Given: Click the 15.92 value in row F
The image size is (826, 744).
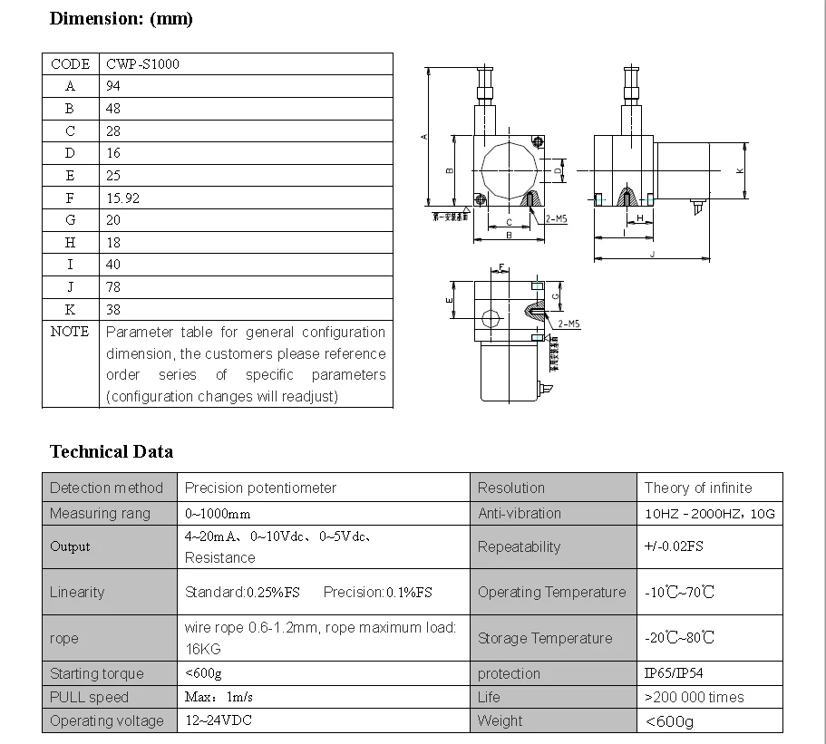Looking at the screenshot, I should (x=122, y=198).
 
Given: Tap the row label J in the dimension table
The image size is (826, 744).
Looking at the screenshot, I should (x=70, y=287).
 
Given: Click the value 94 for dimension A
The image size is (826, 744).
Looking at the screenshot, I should (x=113, y=86).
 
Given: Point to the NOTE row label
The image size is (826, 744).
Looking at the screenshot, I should (x=70, y=332).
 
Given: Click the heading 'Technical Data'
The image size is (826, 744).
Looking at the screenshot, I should (x=111, y=451).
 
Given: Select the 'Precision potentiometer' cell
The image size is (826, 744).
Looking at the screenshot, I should (x=260, y=488).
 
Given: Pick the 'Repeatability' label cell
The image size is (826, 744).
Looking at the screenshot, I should (x=519, y=546).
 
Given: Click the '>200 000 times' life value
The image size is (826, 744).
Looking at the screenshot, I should (x=694, y=697).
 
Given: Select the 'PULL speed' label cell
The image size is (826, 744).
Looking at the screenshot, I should (x=89, y=697).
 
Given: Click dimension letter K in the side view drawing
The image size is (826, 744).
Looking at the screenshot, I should (x=740, y=170).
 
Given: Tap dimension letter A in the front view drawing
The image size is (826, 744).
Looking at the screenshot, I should (x=424, y=137).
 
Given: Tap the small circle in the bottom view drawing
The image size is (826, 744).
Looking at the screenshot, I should (x=491, y=319).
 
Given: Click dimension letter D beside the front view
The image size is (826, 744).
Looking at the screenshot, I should (x=558, y=169).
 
